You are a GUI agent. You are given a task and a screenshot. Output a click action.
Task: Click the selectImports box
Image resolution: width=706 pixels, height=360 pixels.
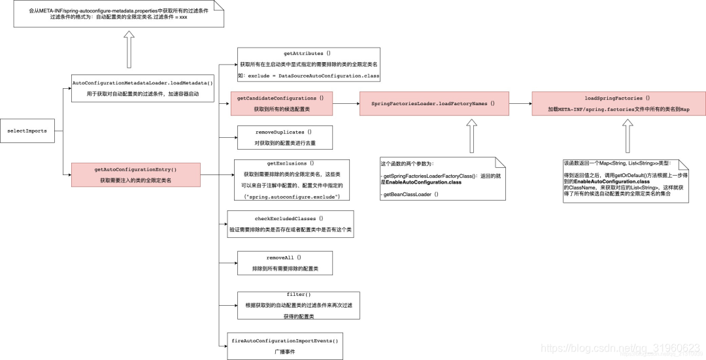pos(27,131)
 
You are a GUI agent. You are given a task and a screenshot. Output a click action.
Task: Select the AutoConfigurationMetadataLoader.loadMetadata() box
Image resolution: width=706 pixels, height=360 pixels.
pos(143,88)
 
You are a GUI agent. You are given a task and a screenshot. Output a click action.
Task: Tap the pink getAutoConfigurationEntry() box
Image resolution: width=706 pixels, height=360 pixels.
pos(136,174)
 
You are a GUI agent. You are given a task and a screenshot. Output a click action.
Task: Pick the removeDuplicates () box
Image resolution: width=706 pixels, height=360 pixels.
pos(284,137)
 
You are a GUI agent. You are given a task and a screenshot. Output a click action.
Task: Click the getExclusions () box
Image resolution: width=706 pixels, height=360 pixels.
pos(292,180)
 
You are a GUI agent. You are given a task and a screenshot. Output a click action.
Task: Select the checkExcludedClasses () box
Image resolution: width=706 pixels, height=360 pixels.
pos(290,224)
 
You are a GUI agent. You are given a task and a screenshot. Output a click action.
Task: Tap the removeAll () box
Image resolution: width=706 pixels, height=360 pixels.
pos(284,263)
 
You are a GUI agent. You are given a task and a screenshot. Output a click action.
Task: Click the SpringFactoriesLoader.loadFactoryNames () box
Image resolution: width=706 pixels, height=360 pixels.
pos(433,103)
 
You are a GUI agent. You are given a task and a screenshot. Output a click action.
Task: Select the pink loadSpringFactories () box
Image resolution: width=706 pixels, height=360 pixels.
pos(618,103)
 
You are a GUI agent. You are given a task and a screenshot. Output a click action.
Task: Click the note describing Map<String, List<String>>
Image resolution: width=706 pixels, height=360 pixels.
pos(626,180)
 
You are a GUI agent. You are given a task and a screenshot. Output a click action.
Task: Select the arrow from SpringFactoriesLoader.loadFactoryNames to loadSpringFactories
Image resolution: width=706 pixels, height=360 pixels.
pos(520,103)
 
